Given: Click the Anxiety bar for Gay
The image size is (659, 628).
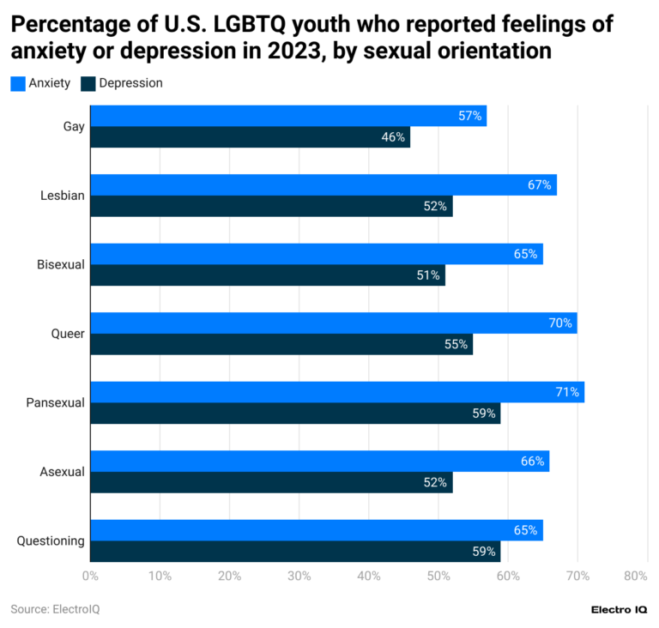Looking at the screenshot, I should point(287,116).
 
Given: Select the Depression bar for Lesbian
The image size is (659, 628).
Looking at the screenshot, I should point(270,206).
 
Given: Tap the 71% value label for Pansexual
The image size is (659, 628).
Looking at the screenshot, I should point(567,392).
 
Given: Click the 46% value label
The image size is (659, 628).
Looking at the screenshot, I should point(393,137).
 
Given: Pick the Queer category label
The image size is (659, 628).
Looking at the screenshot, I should point(67,334).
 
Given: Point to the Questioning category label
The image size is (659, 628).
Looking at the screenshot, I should point(51,540).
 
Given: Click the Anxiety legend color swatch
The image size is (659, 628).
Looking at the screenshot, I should point(18,83).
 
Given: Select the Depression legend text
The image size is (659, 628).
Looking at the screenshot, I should point(130,83).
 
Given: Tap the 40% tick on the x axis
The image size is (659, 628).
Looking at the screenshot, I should point(368,577).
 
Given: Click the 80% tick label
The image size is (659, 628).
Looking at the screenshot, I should point(636,577).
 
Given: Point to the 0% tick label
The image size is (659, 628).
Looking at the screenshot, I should point(90,577).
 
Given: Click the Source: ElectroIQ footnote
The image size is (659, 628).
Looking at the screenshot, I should point(50,609).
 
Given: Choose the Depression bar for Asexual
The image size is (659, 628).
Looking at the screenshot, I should point(270,482).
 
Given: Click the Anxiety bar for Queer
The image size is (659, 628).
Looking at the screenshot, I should point(333,323).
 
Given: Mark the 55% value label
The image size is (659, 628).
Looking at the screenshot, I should point(456,344).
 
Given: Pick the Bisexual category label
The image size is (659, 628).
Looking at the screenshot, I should point(60,264).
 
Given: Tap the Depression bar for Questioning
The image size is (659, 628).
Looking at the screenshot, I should point(294,552).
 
